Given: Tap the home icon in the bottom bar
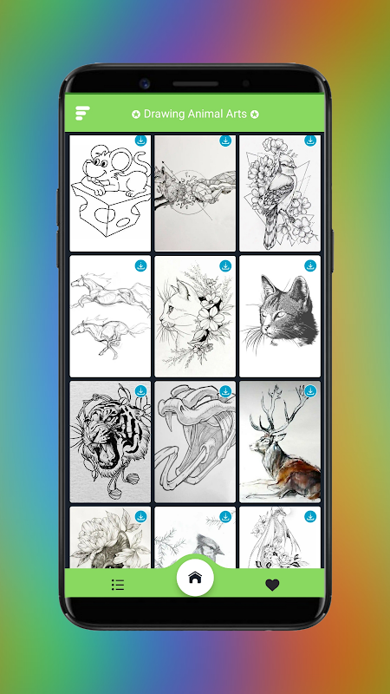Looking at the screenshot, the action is tap(195, 578).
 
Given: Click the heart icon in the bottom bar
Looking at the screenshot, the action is tap(272, 585).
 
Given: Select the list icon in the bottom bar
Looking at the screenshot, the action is tap(118, 585).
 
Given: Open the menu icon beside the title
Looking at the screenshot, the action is tap(82, 113).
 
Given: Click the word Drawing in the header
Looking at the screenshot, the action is tap(164, 114).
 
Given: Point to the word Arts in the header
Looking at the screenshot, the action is tap(235, 114).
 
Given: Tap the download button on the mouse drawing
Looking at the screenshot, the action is tap(140, 141).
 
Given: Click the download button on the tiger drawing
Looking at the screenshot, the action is tap(140, 391).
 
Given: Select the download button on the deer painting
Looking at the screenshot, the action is tap(310, 391).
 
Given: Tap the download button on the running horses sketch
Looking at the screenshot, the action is tap(140, 266).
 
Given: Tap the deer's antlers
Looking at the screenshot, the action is tap(274, 409).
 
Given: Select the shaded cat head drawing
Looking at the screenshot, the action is tap(288, 310).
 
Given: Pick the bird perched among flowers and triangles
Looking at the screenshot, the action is tap(278, 194).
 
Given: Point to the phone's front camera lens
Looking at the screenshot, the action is tap(144, 83).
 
